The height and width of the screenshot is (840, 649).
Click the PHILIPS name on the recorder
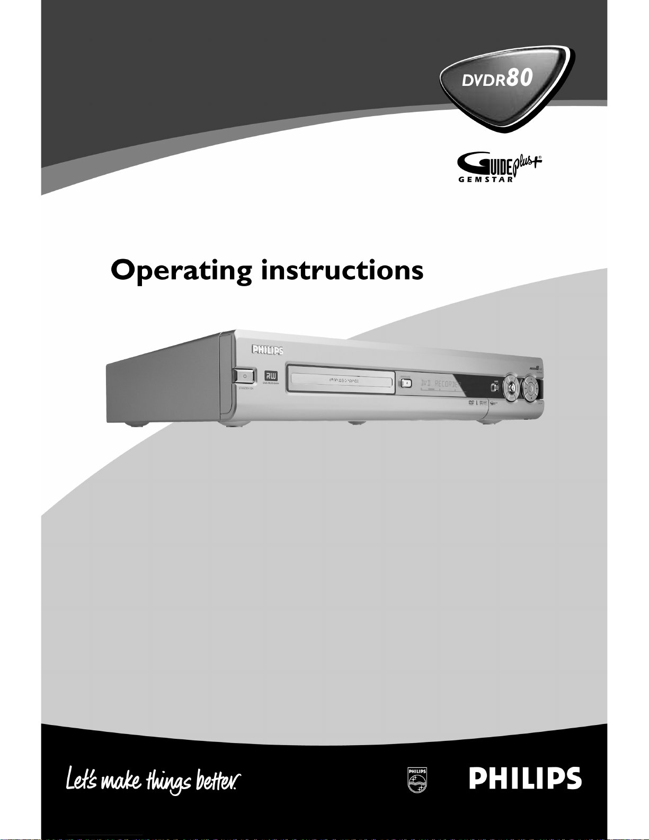point(267,350)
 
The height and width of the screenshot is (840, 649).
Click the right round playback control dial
point(530,388)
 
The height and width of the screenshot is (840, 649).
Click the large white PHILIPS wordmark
point(525,779)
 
